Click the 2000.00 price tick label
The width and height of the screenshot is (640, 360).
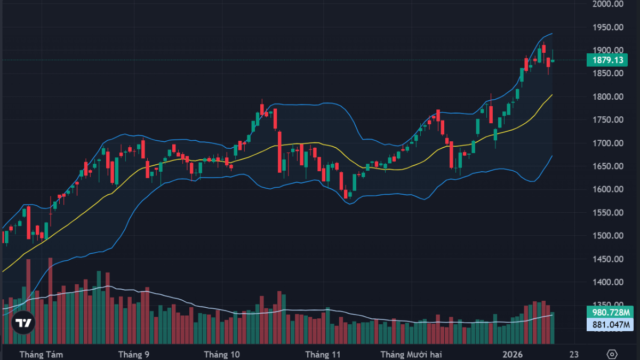(x=608, y=4)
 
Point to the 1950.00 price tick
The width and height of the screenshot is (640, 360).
(x=608, y=27)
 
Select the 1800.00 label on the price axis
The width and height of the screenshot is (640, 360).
(x=608, y=97)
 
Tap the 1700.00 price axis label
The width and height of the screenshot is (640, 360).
(x=608, y=143)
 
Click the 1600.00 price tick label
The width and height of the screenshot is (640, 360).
(x=608, y=189)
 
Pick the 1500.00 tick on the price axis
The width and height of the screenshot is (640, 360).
(x=608, y=236)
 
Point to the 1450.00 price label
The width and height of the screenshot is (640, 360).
(x=608, y=259)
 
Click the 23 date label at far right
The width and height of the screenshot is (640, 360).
(x=574, y=354)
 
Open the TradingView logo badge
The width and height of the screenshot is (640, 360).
(x=23, y=323)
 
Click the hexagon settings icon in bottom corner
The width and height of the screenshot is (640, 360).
(x=612, y=354)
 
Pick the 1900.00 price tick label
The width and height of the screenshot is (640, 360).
(x=608, y=50)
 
